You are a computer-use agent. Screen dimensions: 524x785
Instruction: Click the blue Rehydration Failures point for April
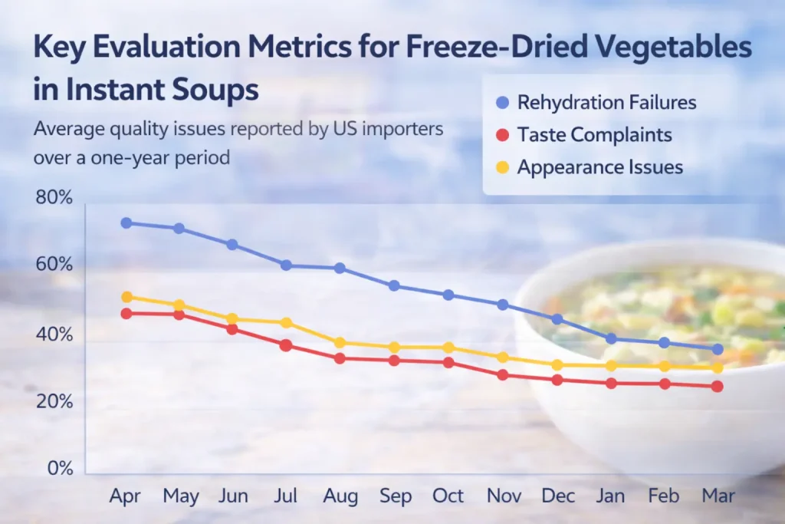tap(126, 223)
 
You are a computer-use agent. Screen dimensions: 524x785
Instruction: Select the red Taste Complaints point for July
tap(286, 345)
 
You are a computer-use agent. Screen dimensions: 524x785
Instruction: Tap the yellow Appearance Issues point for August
tap(340, 343)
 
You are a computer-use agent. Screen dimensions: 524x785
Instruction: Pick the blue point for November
tap(502, 305)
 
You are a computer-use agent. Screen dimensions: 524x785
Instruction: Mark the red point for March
tap(717, 386)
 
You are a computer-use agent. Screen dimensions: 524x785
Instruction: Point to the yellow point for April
tap(126, 297)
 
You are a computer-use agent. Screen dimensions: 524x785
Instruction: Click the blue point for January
tap(611, 338)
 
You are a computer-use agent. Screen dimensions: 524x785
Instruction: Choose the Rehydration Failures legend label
tap(606, 102)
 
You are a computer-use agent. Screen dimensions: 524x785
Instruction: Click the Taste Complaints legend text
tap(594, 135)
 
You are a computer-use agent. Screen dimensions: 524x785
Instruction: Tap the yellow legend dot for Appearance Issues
tap(501, 167)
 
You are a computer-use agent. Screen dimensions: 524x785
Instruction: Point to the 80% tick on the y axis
tap(54, 198)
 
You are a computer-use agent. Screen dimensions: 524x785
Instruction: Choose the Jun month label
tap(232, 496)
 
